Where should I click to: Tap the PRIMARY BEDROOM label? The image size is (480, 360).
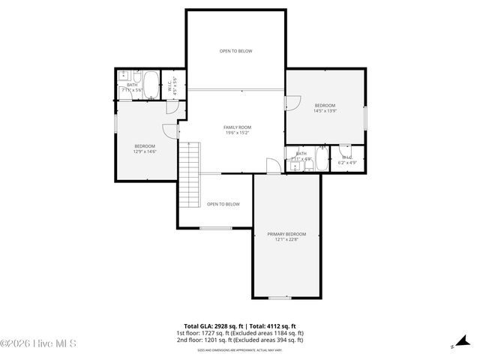(x=286, y=235)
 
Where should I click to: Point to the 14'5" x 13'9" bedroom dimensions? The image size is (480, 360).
(x=325, y=111)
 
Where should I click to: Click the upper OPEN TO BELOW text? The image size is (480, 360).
(x=236, y=51)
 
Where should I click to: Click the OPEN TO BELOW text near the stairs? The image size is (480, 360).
(x=223, y=204)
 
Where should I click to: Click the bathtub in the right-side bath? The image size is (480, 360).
(x=322, y=158)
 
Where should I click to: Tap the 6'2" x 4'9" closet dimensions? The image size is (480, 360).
(x=347, y=163)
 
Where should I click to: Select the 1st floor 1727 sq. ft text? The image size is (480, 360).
(x=240, y=333)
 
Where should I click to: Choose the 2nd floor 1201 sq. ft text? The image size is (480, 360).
(x=240, y=340)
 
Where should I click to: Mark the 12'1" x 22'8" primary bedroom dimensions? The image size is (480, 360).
(x=286, y=240)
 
